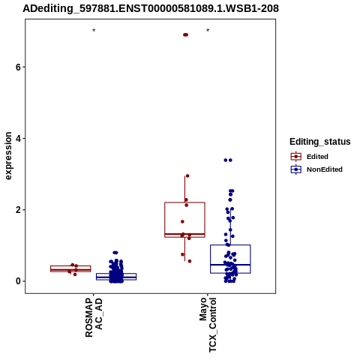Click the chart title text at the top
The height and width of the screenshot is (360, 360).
pyautogui.click(x=151, y=8)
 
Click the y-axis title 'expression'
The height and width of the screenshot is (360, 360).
pyautogui.click(x=8, y=156)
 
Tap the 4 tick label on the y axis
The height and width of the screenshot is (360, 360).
pyautogui.click(x=18, y=138)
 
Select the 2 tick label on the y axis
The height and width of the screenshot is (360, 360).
pyautogui.click(x=18, y=210)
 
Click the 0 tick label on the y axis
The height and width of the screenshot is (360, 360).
pyautogui.click(x=18, y=281)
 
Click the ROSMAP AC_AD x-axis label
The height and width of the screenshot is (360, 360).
pyautogui.click(x=94, y=317)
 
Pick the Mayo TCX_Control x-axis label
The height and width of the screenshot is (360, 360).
pyautogui.click(x=208, y=325)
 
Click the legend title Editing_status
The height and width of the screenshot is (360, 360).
pyautogui.click(x=320, y=142)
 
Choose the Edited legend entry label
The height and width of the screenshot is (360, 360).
pyautogui.click(x=317, y=157)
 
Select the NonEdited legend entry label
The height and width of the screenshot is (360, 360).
pyautogui.click(x=325, y=169)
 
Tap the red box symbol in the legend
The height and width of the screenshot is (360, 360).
pyautogui.click(x=296, y=157)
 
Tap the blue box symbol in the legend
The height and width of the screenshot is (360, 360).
pyautogui.click(x=296, y=169)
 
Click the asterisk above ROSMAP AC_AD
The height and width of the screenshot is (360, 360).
pyautogui.click(x=94, y=30)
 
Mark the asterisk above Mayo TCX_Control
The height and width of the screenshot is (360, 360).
pyautogui.click(x=208, y=30)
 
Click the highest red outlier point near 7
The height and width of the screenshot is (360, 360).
pyautogui.click(x=185, y=34)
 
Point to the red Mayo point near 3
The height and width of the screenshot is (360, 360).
pyautogui.click(x=187, y=175)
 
